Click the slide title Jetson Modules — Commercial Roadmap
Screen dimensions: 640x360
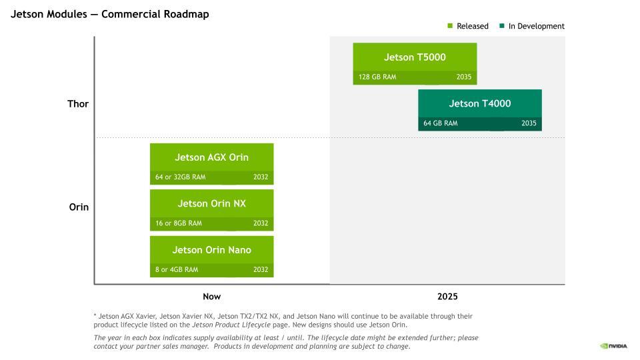click(x=110, y=14)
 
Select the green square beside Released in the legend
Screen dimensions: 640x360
click(x=450, y=26)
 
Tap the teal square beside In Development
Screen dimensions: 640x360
click(x=501, y=26)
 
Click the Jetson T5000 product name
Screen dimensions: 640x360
click(x=415, y=57)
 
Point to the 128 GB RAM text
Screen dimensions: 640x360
click(x=377, y=77)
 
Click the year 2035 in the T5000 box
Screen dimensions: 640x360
click(x=464, y=77)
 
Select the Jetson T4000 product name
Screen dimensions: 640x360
click(x=479, y=104)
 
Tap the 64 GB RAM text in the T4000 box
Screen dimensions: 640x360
click(x=441, y=123)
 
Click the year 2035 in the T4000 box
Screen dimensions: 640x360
click(x=529, y=123)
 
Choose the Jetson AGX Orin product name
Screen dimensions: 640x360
click(x=211, y=157)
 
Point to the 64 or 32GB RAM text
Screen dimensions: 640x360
click(x=181, y=177)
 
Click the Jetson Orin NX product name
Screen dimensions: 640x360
click(x=211, y=203)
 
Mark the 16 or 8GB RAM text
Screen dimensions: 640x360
click(x=179, y=223)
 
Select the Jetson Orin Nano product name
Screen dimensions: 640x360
click(x=211, y=250)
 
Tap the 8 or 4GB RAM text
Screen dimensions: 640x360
click(x=177, y=270)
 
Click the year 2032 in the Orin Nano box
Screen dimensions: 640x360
click(x=261, y=270)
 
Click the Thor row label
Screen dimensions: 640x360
click(x=78, y=104)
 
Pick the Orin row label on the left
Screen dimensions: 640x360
click(x=79, y=207)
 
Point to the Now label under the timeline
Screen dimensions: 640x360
click(x=212, y=297)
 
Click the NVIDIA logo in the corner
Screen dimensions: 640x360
click(x=613, y=346)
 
